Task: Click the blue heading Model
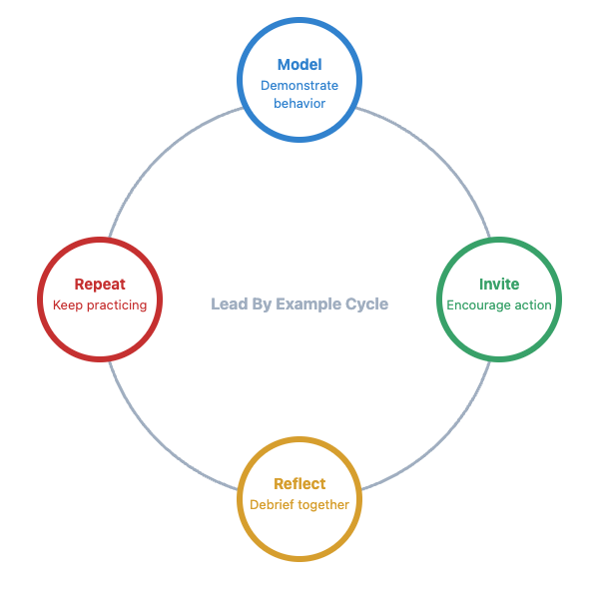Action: click(299, 65)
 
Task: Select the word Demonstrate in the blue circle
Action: click(299, 86)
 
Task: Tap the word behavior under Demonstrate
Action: click(299, 104)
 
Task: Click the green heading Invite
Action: click(499, 285)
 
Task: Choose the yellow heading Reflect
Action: click(299, 484)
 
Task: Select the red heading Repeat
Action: click(100, 285)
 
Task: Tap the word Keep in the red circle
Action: click(67, 305)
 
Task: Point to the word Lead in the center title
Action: click(227, 304)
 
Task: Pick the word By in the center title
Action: click(261, 304)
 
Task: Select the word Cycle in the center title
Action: click(366, 304)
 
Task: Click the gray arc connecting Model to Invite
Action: click(440, 159)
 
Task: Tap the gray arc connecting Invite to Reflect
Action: click(440, 440)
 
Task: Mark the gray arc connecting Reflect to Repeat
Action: click(159, 440)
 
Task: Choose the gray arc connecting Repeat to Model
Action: click(159, 159)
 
